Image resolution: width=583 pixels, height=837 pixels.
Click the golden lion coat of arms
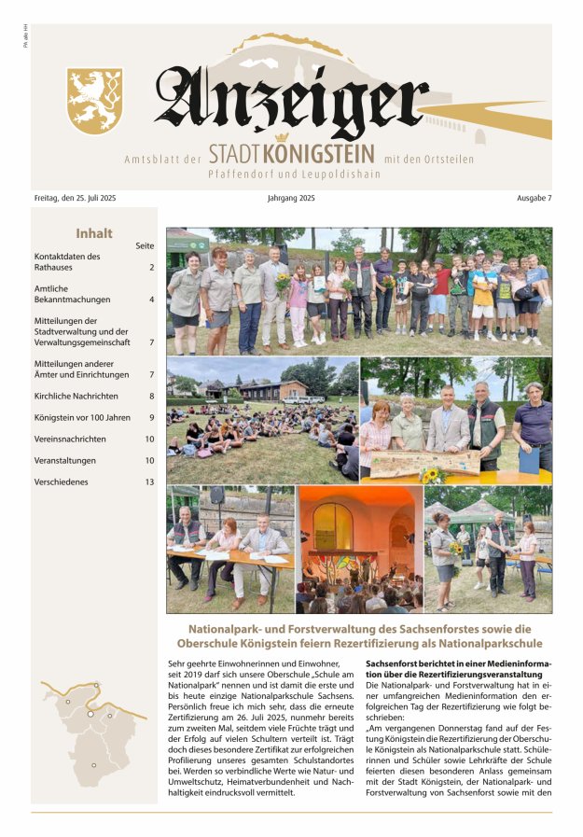pos(95,101)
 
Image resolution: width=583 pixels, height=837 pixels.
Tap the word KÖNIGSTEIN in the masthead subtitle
pos(319,154)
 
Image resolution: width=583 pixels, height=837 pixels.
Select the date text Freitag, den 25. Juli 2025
pos(74,199)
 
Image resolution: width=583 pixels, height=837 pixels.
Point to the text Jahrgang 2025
pos(290,199)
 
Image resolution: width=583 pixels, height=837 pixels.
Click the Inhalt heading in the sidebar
pos(94,233)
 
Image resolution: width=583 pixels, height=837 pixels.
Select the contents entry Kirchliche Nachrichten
pos(82,396)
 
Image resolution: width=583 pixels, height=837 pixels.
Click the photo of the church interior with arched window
pos(359,549)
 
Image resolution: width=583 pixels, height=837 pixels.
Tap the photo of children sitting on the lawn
pos(262,419)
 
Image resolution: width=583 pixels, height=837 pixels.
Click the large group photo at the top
pos(359,289)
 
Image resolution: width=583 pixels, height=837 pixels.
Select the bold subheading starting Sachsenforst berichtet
pos(459,668)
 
